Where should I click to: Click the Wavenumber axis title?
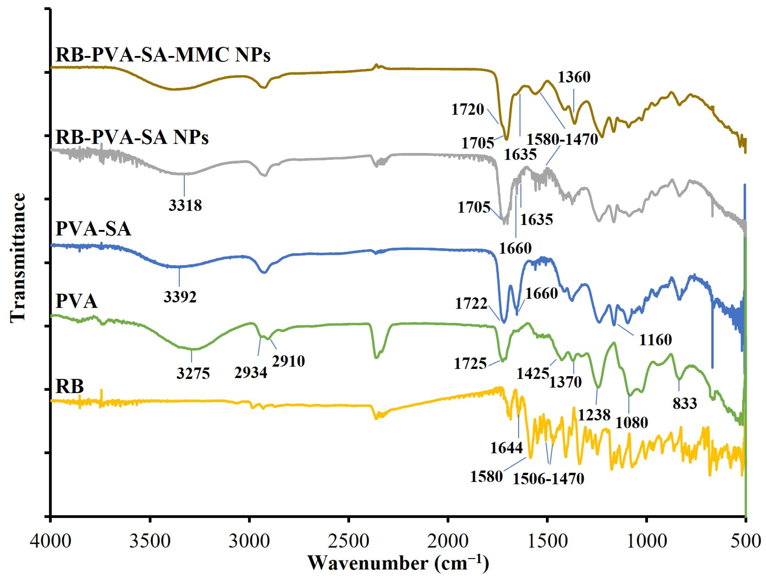[x=398, y=563]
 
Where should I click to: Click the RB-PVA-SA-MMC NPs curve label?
[x=163, y=55]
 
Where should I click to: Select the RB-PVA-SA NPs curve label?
[x=132, y=138]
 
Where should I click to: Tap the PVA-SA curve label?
[x=94, y=229]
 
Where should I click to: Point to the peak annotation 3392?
[x=180, y=297]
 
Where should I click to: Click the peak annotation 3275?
[x=193, y=373]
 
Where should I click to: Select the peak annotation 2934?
[x=251, y=373]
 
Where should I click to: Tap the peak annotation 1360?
[x=574, y=77]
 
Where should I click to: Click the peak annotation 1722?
[x=471, y=304]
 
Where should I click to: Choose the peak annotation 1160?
[x=655, y=340]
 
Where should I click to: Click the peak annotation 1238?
[x=594, y=414]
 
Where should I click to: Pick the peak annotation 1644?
[x=506, y=448]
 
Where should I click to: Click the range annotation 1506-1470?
[x=548, y=479]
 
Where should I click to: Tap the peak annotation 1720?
[x=468, y=109]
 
